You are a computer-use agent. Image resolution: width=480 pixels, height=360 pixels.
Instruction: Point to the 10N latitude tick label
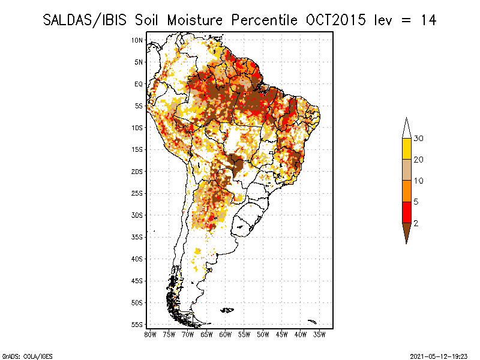click(137, 40)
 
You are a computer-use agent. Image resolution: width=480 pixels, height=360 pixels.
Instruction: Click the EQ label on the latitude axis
click(139, 84)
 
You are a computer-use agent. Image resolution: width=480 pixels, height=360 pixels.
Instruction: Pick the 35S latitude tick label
click(137, 237)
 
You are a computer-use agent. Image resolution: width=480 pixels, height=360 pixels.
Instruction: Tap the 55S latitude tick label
click(137, 325)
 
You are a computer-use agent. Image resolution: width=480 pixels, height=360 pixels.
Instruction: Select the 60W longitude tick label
click(225, 334)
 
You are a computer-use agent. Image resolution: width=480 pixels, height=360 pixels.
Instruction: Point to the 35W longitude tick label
click(320, 334)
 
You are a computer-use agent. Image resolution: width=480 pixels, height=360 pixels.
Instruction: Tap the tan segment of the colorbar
click(406, 170)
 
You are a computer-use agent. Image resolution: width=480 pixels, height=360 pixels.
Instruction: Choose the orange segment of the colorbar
click(406, 191)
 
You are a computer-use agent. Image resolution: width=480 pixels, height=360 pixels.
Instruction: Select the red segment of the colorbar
click(406, 212)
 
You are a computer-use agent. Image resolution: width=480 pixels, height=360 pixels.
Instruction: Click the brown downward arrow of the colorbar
click(406, 232)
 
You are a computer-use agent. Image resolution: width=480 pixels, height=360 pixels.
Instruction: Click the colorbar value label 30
click(419, 139)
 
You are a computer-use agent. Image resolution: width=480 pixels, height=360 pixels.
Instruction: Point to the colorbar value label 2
click(416, 223)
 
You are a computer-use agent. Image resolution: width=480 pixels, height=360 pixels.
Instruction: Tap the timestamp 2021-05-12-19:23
click(439, 355)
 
